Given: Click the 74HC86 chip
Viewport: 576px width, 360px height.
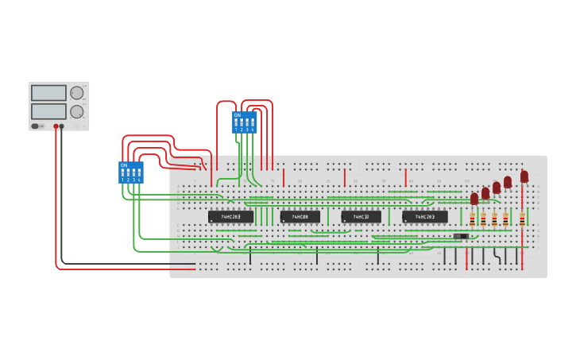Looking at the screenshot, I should tap(300, 216).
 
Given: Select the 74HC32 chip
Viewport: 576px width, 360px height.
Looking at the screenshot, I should tap(361, 216).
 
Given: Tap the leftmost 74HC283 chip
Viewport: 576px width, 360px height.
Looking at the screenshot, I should tap(230, 216).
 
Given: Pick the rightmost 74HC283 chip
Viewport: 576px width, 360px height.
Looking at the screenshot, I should tap(424, 216).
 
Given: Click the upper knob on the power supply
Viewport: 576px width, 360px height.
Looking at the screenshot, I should tap(77, 93).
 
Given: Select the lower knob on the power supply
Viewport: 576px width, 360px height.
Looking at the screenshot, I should tap(77, 112).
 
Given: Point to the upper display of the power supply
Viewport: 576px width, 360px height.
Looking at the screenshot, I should tap(48, 92).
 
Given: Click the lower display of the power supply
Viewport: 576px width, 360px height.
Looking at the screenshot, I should tap(48, 111).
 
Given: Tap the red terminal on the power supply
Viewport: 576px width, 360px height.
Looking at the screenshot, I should tap(56, 126).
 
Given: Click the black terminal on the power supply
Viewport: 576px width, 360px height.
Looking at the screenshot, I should tap(62, 126).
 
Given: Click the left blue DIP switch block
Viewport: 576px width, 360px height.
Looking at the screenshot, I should tap(130, 172).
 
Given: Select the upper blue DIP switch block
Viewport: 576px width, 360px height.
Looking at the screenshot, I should tap(244, 122).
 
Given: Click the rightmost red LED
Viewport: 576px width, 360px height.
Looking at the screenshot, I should tap(524, 176).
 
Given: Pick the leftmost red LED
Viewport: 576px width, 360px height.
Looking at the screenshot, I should tap(474, 198).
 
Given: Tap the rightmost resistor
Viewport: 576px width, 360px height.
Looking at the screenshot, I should tap(522, 219).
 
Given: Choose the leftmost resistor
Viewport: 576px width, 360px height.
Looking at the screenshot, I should tap(472, 219).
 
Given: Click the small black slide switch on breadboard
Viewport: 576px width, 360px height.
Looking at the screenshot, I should tap(460, 236).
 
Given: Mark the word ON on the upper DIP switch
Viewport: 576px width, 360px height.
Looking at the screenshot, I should tap(237, 115).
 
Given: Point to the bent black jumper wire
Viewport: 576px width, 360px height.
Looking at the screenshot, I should tap(497, 256).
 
